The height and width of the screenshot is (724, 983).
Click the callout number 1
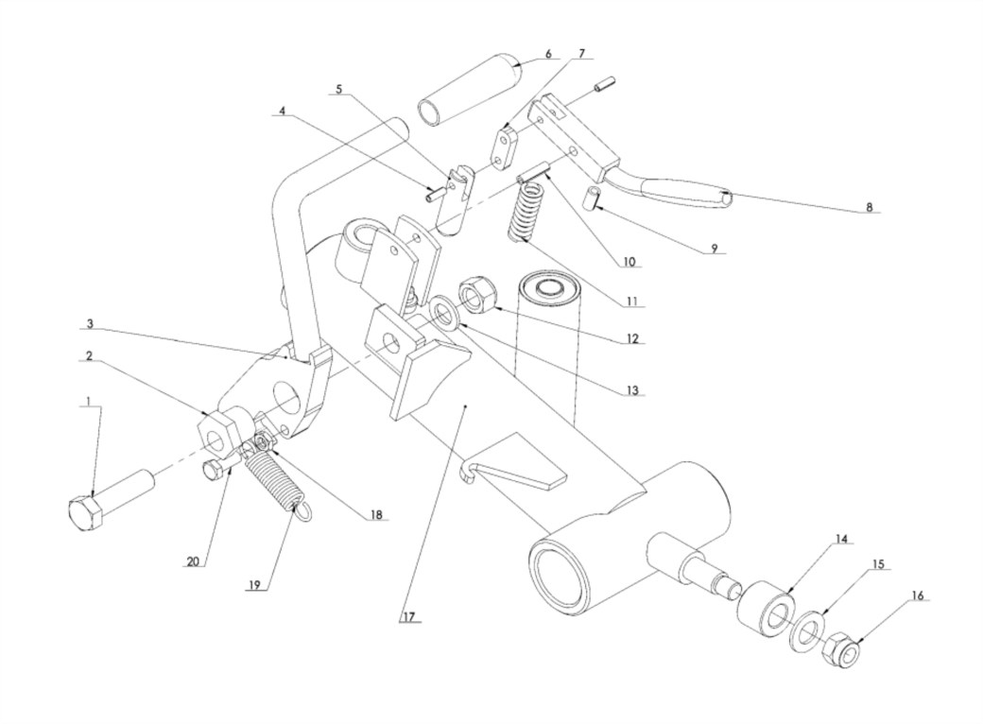point(89,400)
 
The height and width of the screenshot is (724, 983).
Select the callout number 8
point(870,207)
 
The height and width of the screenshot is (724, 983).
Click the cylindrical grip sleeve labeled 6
point(470,89)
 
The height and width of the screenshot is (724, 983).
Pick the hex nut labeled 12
point(478,294)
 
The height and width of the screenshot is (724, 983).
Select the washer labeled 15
point(809,631)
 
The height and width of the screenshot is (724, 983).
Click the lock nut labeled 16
point(842,650)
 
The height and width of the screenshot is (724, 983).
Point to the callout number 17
point(408,617)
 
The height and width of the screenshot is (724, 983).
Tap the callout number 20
point(193,561)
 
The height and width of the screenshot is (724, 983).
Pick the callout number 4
point(282,111)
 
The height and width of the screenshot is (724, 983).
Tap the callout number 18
point(376,514)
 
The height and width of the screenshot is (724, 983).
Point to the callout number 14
point(841,539)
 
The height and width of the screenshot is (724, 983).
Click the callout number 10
point(629,262)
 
